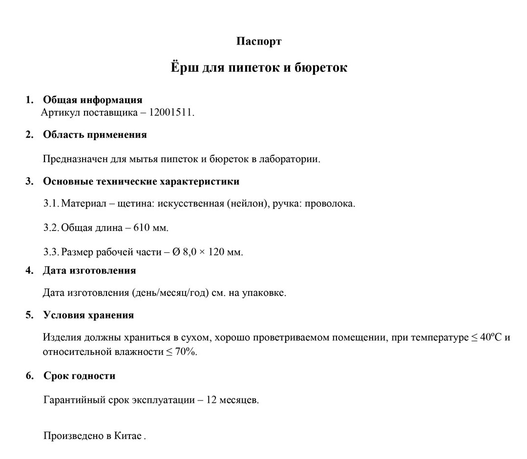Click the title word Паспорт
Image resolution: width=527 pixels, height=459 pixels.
point(258,42)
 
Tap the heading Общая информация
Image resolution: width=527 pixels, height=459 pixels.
point(93,100)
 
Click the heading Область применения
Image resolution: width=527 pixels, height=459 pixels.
point(95,135)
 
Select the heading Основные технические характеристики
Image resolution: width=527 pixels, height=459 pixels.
point(141,182)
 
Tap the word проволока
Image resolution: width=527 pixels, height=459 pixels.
point(330,204)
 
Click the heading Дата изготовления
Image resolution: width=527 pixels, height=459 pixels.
point(89,270)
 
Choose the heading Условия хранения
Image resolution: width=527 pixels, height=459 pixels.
point(88,315)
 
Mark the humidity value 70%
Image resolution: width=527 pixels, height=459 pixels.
point(186,352)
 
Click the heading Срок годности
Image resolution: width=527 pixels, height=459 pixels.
point(79,376)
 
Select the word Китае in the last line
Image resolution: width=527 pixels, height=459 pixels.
point(128,436)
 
